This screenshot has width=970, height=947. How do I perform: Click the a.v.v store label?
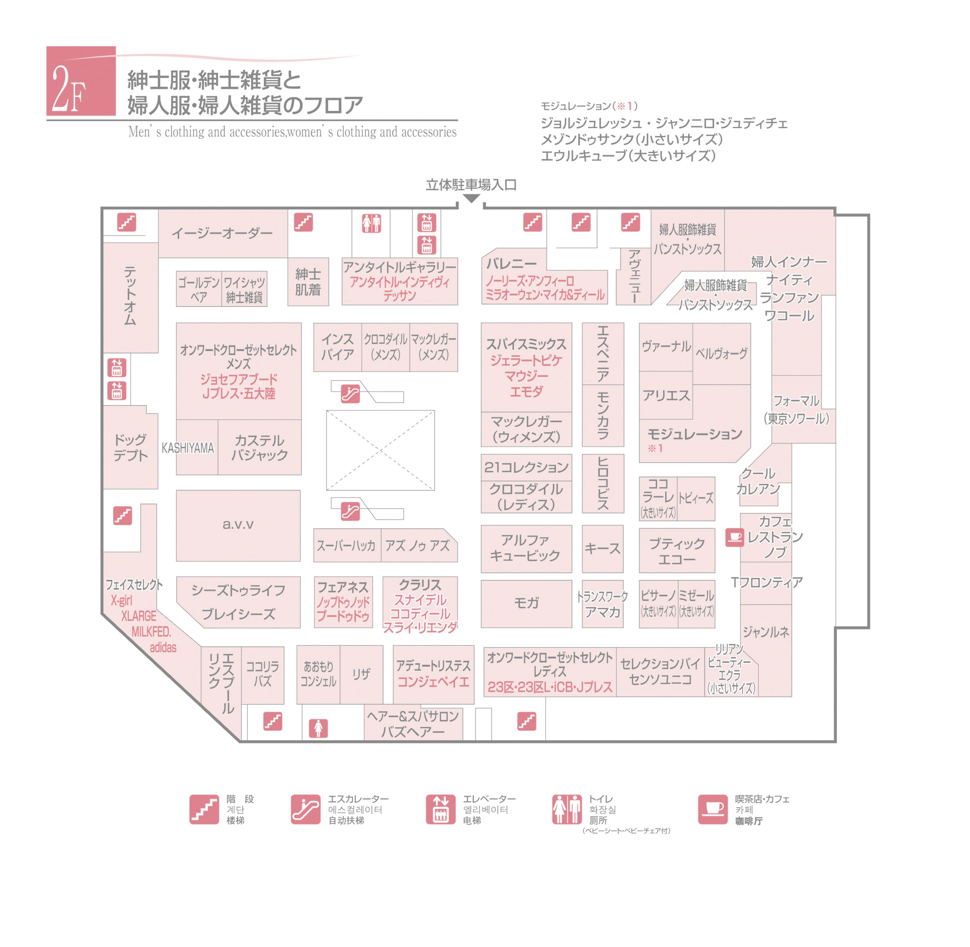238,524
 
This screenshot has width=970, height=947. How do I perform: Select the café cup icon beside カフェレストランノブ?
734,537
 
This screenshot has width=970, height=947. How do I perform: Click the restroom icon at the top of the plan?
371,223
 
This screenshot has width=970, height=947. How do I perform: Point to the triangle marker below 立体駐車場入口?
471,198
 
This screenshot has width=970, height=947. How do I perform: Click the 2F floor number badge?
81,81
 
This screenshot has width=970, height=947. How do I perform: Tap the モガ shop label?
526,603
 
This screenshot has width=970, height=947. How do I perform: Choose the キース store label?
602,548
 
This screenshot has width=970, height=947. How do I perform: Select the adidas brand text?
163,647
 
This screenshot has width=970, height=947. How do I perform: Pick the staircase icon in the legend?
204,809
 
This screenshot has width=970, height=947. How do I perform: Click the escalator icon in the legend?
305,809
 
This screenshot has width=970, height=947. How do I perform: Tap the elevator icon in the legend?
440,809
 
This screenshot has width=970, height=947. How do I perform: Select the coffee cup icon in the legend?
713,809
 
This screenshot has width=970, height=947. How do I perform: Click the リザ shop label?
361,674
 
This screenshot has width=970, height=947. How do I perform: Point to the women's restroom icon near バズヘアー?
318,728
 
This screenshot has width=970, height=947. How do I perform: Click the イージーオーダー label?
222,233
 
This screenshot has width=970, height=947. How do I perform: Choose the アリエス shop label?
666,395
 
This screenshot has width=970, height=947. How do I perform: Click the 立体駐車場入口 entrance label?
471,185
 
